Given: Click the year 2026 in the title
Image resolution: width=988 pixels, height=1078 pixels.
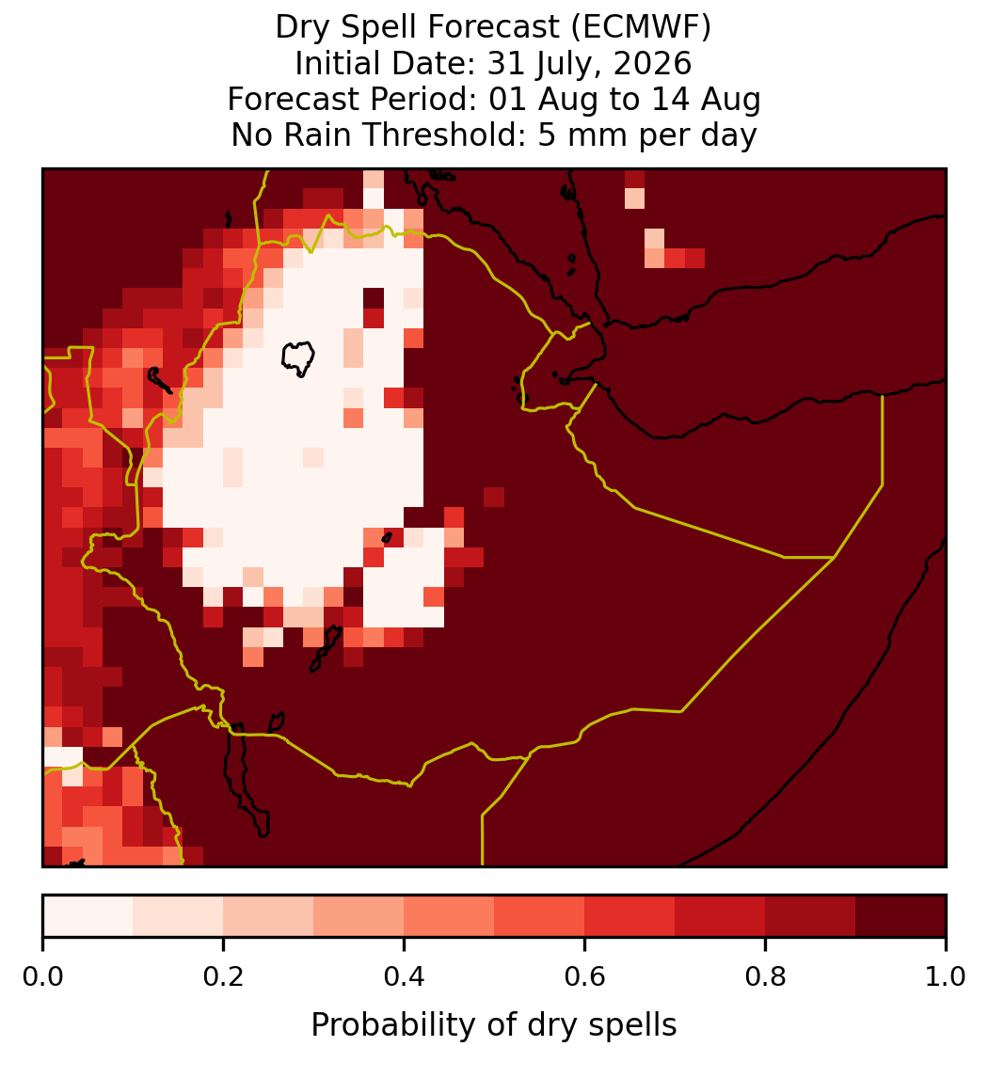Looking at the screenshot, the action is (652, 63).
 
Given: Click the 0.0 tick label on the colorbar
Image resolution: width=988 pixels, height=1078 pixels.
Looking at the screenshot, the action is (43, 977).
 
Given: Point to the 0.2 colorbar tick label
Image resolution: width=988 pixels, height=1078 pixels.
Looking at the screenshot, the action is (224, 977).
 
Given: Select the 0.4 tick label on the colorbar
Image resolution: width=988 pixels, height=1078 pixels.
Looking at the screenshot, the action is (405, 977).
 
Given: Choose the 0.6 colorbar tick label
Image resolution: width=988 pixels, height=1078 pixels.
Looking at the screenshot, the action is (585, 977).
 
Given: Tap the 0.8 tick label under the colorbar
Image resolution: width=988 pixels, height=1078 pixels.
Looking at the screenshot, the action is (766, 977).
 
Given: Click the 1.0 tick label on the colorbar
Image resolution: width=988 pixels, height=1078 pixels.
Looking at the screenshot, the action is (946, 977).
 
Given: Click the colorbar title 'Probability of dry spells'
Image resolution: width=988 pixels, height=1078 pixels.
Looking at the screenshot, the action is (494, 1025).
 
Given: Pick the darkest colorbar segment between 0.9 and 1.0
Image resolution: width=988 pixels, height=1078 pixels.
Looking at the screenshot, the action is (900, 916).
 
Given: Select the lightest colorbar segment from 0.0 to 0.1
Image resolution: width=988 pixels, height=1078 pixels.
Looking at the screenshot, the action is (88, 916).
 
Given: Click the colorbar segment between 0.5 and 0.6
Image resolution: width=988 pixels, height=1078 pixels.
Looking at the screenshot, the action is (540, 916).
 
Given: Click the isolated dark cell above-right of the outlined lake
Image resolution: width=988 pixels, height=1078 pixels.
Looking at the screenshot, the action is (374, 298).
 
